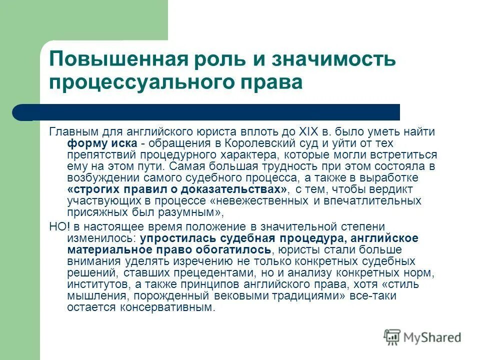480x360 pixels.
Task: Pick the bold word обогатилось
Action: click(x=237, y=249)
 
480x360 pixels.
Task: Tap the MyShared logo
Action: click(x=422, y=338)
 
